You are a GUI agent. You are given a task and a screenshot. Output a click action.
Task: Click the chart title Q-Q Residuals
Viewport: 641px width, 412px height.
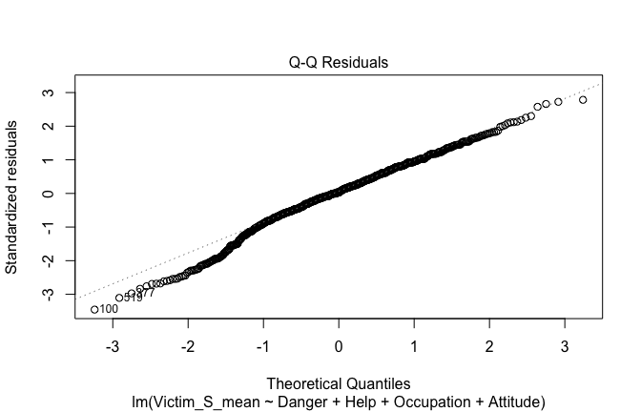pos(339,63)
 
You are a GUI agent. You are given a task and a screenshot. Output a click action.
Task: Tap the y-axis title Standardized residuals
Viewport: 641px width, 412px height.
pos(12,196)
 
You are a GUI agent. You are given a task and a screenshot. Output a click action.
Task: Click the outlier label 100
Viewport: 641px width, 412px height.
pos(109,309)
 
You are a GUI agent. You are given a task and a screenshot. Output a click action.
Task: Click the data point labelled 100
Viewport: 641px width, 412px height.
pos(94,309)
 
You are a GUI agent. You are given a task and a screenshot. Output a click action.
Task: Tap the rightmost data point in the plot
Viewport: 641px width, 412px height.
pos(583,99)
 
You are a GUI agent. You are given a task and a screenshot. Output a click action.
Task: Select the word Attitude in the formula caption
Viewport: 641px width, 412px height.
pos(511,401)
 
